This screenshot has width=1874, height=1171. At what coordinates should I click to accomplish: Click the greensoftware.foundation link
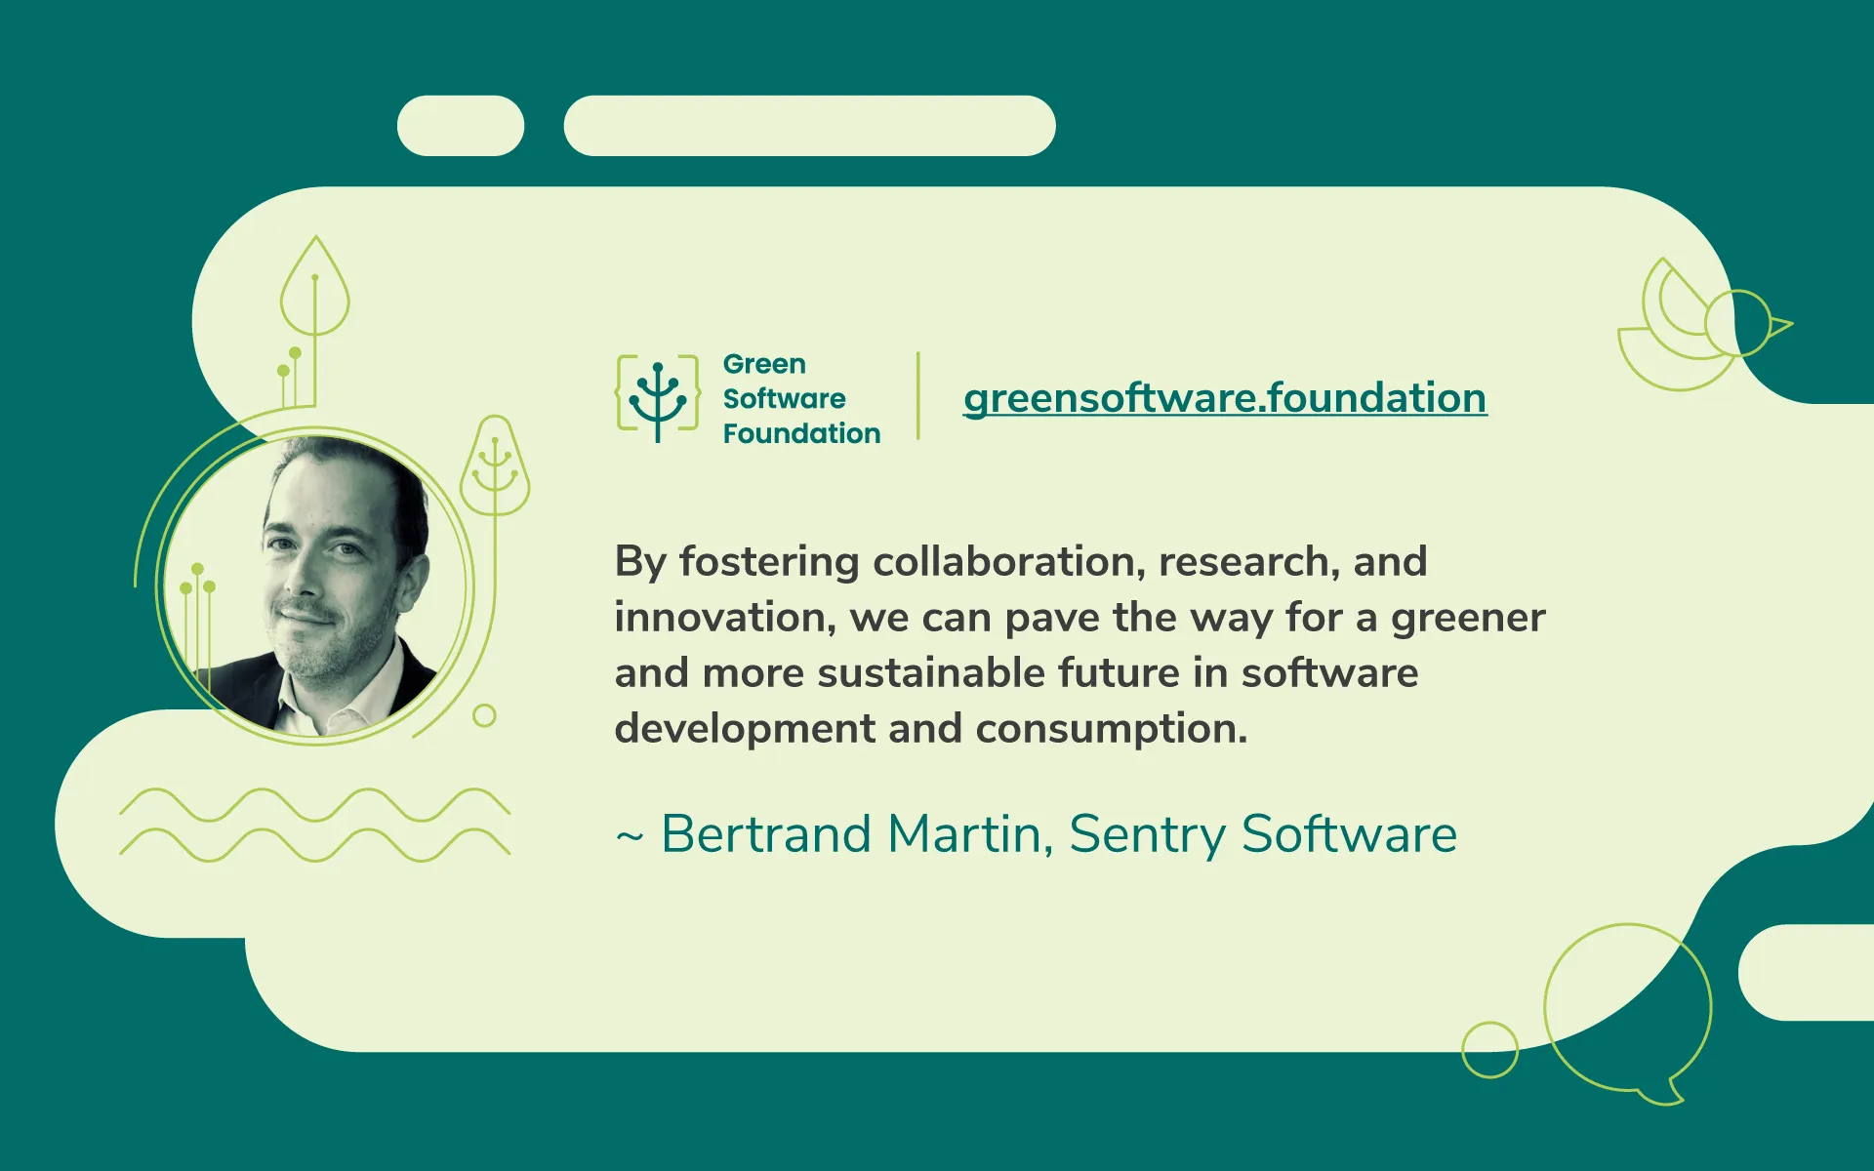pos(1225,398)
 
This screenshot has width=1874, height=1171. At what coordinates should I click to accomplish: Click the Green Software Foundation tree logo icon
pos(658,398)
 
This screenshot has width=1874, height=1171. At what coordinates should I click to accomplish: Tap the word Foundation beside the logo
pos(801,433)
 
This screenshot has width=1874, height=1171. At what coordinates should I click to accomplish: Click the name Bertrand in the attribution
pos(766,834)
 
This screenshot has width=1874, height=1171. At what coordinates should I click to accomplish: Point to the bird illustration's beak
pos(1781,326)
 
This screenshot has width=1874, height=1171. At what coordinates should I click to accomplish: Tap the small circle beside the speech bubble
pos(1489,1050)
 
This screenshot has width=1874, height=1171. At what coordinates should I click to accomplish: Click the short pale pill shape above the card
pos(461,126)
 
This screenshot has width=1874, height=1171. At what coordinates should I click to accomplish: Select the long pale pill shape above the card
pos(809,126)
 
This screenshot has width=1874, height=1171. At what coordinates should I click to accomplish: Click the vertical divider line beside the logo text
pos(918,396)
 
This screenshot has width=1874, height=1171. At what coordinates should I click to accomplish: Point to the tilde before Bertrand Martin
pos(630,836)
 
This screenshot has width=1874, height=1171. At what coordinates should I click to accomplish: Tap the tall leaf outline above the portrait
pos(314,288)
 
